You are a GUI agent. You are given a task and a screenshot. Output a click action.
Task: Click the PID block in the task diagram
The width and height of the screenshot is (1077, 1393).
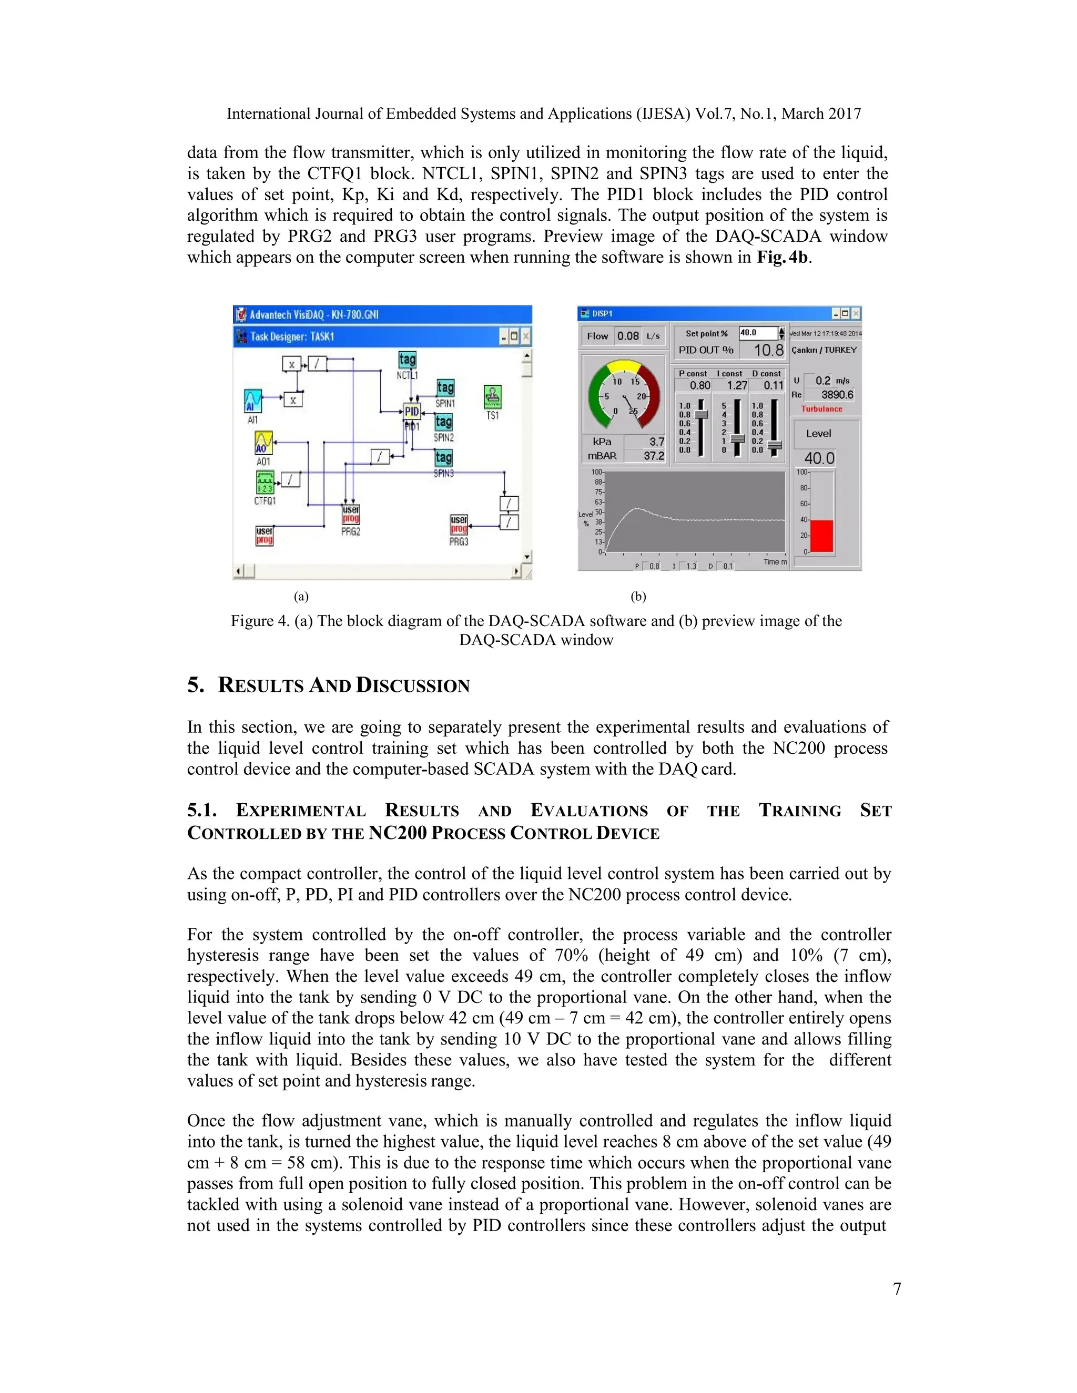[412, 412]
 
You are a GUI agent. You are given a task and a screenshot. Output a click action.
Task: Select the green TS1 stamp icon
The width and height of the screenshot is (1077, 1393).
[493, 397]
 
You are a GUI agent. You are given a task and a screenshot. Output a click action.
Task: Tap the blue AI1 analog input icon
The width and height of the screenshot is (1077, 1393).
[253, 401]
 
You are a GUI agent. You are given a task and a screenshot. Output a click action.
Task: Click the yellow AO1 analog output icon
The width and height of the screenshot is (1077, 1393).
[263, 443]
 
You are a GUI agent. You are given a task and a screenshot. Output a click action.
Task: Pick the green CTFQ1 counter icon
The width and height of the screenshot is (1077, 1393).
[265, 482]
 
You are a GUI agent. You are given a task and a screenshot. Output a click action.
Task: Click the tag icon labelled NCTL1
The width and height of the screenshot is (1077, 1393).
[407, 359]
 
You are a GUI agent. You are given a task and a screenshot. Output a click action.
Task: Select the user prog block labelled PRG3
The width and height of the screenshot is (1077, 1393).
[459, 524]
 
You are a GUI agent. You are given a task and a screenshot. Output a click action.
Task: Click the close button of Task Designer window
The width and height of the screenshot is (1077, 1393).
[526, 337]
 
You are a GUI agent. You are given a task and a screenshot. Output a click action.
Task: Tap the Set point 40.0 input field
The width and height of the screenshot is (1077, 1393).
[757, 333]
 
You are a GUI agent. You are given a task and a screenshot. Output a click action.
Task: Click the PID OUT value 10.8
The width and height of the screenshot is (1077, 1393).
[768, 350]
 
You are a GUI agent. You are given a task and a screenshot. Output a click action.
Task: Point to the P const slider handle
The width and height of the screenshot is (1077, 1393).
[701, 415]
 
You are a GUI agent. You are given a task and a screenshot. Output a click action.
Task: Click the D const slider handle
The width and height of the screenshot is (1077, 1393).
[774, 445]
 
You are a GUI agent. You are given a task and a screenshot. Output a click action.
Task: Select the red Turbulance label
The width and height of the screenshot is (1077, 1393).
[822, 409]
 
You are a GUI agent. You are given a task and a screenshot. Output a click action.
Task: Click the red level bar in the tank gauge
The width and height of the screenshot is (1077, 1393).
[822, 536]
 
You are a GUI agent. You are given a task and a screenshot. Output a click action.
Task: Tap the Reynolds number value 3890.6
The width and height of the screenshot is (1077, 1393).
[837, 395]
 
